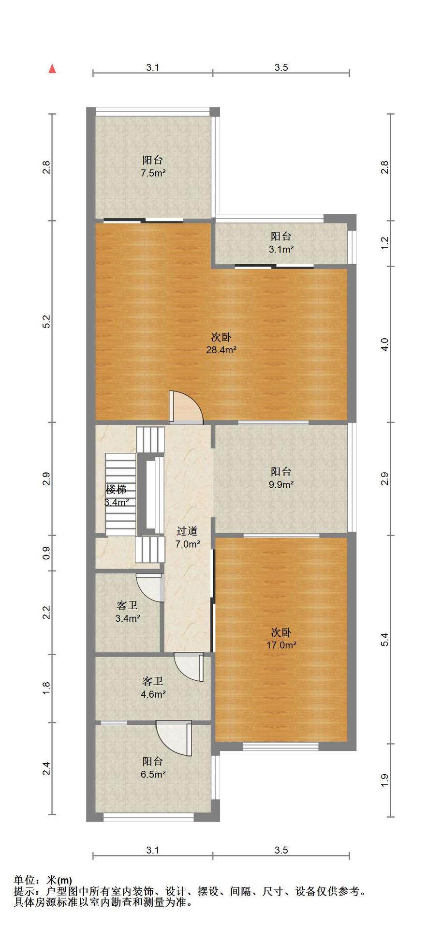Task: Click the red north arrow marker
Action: (x=52, y=69)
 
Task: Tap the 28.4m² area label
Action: (x=221, y=350)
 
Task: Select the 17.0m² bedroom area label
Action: (x=281, y=645)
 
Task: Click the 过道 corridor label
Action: (x=187, y=531)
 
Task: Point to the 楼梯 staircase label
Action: (x=116, y=489)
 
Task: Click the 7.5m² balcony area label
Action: (x=153, y=173)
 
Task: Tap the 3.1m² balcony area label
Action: (x=281, y=250)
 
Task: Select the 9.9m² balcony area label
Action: (x=281, y=484)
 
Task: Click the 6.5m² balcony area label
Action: (x=153, y=774)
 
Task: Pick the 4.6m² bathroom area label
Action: (x=153, y=694)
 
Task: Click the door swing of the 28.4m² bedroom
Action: (x=186, y=407)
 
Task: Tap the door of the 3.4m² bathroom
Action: (x=150, y=588)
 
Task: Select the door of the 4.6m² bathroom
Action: (x=189, y=667)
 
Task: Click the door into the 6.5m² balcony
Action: (x=174, y=738)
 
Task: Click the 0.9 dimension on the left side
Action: (x=46, y=553)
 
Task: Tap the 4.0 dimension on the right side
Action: (x=385, y=344)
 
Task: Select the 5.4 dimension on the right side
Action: (x=385, y=639)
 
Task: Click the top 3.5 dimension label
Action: (x=281, y=68)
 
